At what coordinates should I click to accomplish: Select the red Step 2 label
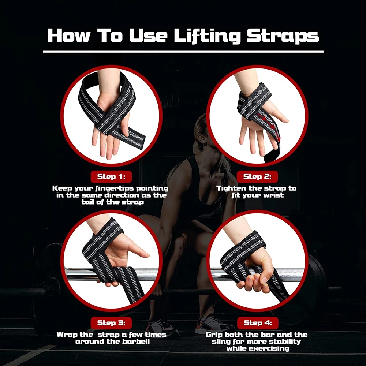click(257, 177)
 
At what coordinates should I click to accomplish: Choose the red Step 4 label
click(257, 323)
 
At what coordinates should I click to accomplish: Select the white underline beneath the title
click(183, 52)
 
